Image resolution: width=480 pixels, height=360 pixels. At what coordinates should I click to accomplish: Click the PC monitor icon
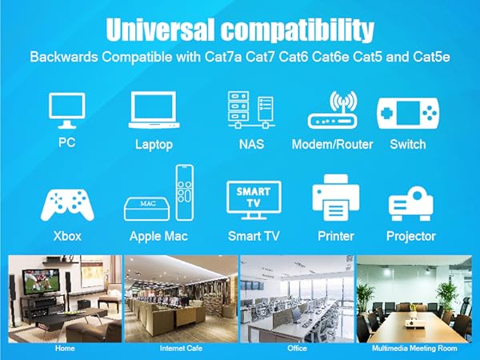[x=66, y=110]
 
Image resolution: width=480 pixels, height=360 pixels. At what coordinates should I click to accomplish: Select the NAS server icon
[x=250, y=110]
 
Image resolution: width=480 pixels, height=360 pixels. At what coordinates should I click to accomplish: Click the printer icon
[x=336, y=200]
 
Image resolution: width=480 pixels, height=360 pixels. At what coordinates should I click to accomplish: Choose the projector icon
[x=410, y=204]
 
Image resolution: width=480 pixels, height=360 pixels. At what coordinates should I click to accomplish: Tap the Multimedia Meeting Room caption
[x=414, y=349]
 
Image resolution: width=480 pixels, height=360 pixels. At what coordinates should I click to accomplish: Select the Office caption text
[x=297, y=349]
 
